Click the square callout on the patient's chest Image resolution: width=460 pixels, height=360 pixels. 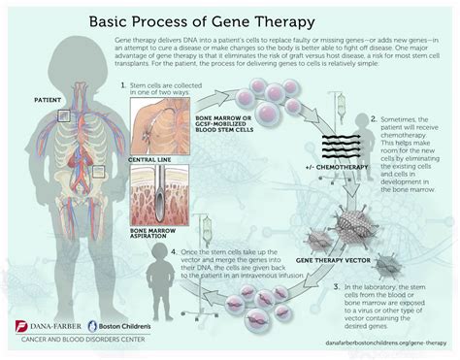63,115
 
